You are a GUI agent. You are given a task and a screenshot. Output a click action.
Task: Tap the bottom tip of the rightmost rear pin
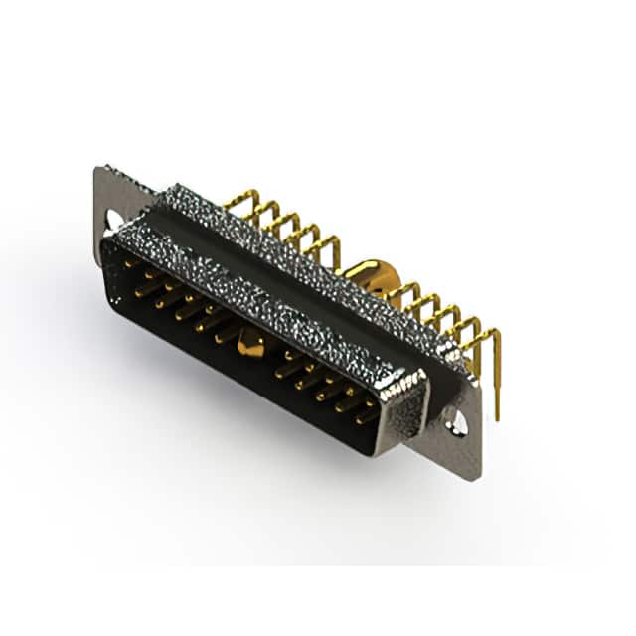point(496,390)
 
